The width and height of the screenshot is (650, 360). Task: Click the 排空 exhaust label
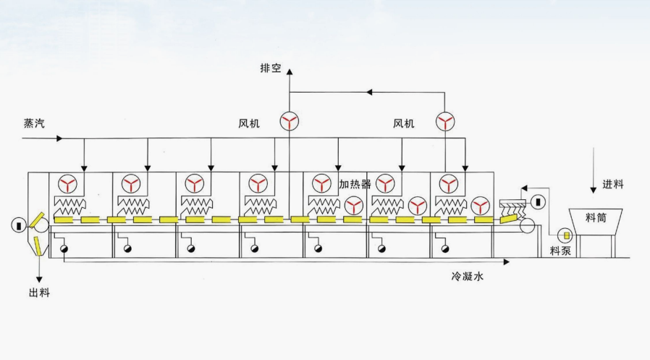tap(270, 69)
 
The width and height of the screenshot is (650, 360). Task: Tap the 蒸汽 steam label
tap(34, 123)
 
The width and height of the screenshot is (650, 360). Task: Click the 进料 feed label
tap(612, 184)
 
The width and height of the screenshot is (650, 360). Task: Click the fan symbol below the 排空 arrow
tap(290, 122)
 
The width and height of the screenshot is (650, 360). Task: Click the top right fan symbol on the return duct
tap(445, 122)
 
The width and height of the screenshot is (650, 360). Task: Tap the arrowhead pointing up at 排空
tap(290, 71)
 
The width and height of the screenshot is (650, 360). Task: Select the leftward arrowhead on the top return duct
tap(368, 92)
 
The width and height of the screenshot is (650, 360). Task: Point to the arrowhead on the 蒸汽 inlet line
tap(60, 138)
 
